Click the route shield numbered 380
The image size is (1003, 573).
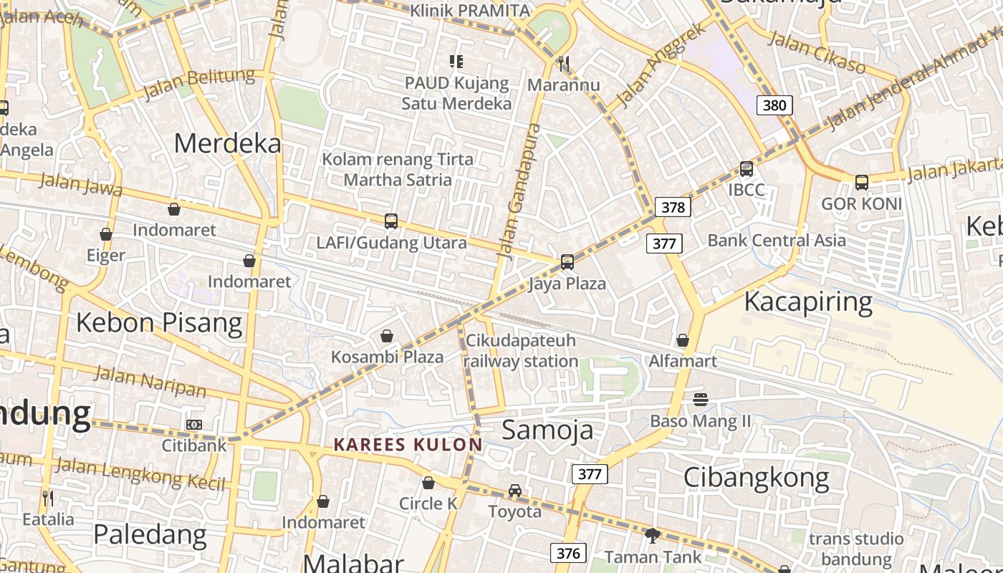(774, 106)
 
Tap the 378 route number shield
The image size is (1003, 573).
(673, 208)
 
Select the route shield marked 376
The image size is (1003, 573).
(568, 553)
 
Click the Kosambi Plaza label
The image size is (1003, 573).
(387, 357)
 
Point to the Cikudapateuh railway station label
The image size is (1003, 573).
(520, 350)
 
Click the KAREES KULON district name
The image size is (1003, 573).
(408, 445)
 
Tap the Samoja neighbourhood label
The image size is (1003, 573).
(547, 430)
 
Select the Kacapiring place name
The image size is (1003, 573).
(807, 302)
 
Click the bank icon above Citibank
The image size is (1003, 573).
(194, 425)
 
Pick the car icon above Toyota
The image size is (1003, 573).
(515, 491)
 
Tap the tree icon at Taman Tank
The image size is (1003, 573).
(652, 535)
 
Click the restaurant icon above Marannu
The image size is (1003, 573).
(564, 64)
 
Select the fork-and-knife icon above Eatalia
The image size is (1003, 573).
(48, 498)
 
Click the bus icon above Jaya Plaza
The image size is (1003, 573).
(567, 262)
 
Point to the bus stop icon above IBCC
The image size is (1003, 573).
(747, 170)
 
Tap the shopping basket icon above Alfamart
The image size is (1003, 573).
(683, 340)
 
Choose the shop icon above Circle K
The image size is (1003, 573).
(428, 483)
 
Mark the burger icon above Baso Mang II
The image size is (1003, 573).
(701, 399)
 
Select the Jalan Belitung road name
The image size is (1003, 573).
(198, 85)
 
